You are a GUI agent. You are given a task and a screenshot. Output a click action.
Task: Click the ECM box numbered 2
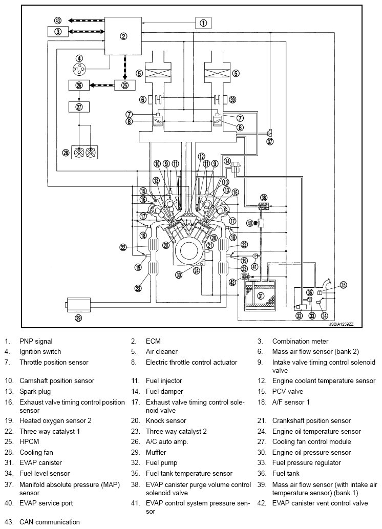(123, 36)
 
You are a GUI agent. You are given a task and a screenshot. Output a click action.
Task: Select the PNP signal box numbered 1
(203, 23)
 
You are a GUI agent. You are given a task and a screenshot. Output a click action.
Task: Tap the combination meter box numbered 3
(58, 32)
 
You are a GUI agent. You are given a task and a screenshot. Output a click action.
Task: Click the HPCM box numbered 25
(125, 86)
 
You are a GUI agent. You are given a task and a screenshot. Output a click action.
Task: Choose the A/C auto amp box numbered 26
(79, 86)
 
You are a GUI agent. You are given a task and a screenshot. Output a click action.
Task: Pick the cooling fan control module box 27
(79, 107)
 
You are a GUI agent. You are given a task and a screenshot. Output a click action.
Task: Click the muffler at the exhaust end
(78, 305)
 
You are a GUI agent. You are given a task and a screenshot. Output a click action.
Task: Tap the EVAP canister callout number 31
(261, 296)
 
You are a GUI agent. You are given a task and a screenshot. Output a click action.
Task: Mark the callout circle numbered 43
(58, 20)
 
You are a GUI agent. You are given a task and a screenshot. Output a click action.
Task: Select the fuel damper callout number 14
(228, 161)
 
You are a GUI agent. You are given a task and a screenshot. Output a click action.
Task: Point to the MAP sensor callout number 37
(270, 142)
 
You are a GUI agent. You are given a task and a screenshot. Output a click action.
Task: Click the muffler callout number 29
(78, 318)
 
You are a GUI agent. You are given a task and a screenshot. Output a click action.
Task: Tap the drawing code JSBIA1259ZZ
(341, 324)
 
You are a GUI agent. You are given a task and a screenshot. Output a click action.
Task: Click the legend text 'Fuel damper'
(164, 391)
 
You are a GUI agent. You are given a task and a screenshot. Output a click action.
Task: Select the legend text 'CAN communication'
(50, 522)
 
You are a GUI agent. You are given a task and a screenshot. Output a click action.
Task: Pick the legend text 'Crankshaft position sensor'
(311, 421)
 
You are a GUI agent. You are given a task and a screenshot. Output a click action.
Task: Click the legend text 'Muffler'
(156, 452)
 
